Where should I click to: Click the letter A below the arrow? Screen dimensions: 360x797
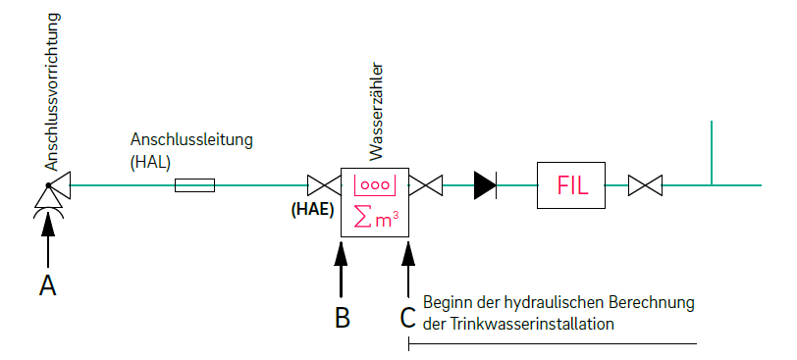click(46, 285)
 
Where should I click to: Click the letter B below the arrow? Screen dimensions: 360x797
click(342, 318)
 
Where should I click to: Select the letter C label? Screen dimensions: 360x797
click(407, 318)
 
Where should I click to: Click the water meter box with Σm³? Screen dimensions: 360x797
click(375, 201)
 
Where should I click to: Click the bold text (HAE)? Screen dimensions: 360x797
click(312, 210)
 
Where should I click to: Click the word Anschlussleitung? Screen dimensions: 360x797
click(191, 140)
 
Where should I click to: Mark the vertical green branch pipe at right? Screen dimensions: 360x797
click(711, 152)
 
